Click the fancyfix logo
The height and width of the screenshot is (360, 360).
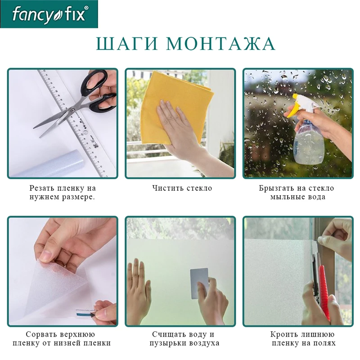(x=49, y=14)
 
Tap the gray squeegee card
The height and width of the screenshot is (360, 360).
(x=199, y=283)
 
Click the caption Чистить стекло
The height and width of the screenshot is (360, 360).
(x=182, y=188)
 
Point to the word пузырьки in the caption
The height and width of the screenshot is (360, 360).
(x=168, y=344)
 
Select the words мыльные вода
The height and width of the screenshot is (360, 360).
(x=297, y=197)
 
